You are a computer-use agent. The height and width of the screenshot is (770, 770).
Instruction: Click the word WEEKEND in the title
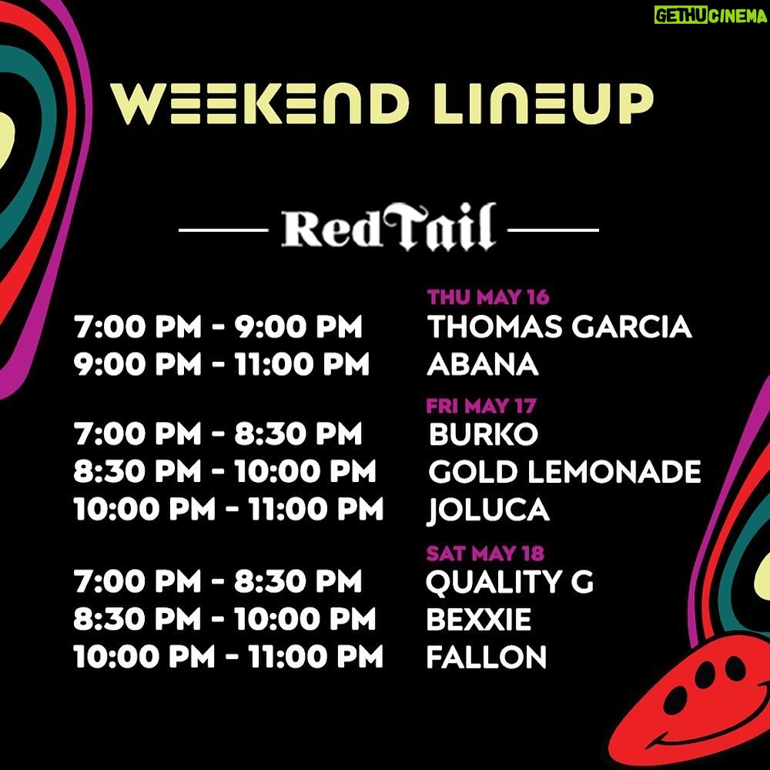(x=259, y=103)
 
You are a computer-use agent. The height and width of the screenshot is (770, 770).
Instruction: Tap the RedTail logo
(x=388, y=227)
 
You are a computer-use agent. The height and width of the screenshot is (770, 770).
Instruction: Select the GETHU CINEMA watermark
(x=711, y=15)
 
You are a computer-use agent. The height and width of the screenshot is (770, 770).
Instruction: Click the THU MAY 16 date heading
(x=488, y=297)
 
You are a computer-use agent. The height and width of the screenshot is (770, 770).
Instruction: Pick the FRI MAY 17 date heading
(x=481, y=406)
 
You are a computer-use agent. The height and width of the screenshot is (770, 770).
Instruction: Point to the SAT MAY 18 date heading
(x=485, y=554)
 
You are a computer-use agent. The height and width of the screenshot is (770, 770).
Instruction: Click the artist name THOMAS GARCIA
(x=559, y=327)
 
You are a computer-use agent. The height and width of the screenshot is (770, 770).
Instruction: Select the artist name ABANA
(x=483, y=364)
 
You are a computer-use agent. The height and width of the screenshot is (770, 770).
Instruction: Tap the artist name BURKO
(x=484, y=434)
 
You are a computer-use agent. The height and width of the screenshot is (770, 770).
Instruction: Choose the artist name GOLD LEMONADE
(x=564, y=471)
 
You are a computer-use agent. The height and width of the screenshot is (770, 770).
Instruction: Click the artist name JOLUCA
(x=488, y=510)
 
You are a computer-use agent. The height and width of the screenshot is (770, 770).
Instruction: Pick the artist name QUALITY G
(x=510, y=582)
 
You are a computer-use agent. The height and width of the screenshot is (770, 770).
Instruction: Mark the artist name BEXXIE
(x=479, y=619)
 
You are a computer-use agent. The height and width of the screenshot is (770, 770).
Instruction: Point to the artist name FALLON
(x=486, y=657)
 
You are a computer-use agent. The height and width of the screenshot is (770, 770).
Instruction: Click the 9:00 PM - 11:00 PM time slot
(x=222, y=364)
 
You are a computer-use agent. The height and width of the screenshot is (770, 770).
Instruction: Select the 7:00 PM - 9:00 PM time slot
(x=219, y=327)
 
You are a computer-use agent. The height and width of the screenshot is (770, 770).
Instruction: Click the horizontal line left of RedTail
(x=223, y=229)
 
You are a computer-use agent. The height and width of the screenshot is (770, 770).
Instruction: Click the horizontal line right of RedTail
(x=554, y=229)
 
